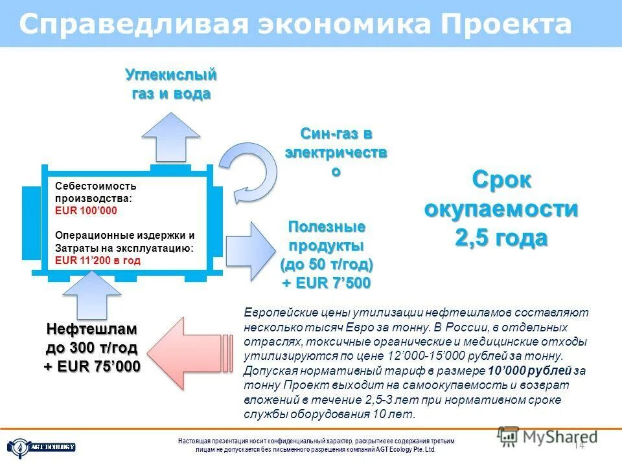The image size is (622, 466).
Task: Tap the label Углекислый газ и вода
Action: point(171,84)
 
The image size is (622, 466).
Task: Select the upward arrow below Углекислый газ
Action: point(171,137)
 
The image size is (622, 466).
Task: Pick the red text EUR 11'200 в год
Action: point(98,261)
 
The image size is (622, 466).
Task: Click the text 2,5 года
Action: point(501,238)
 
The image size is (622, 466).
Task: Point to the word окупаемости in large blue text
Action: point(501,209)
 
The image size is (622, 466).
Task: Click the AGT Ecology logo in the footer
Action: point(41,447)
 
